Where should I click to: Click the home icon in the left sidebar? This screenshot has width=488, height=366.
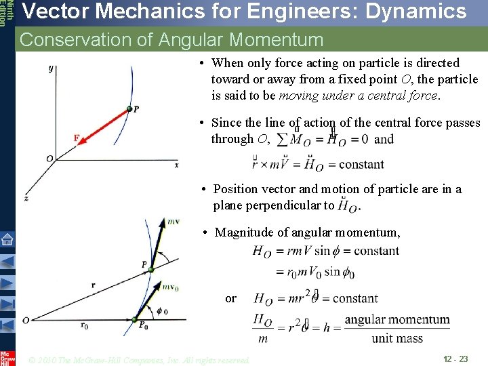click(7, 239)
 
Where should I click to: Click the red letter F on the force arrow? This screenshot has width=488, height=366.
click(77, 138)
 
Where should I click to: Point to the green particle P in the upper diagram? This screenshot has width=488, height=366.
click(129, 110)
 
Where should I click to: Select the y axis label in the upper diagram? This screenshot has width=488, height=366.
click(51, 68)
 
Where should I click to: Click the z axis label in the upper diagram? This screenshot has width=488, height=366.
click(26, 198)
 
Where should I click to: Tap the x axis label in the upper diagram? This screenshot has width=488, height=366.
click(177, 165)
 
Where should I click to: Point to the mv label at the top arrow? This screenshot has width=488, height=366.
click(174, 221)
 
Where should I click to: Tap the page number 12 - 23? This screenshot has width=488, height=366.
click(455, 358)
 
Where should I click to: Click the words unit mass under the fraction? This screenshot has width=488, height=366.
click(397, 338)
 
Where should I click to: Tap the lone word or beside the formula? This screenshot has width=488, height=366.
click(230, 298)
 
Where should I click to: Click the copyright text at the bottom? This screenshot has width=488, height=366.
click(140, 359)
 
